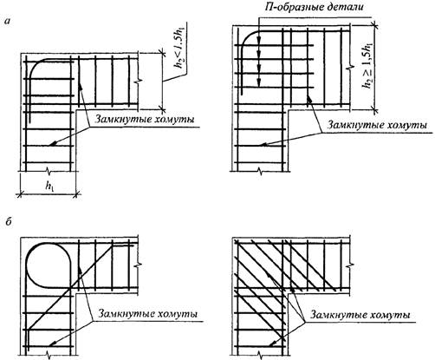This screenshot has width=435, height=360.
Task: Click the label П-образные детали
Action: (x=314, y=7)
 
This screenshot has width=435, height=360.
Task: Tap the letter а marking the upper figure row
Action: (x=9, y=22)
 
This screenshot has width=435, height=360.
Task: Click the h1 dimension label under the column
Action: (x=49, y=187)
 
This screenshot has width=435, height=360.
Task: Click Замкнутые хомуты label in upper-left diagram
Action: (x=145, y=120)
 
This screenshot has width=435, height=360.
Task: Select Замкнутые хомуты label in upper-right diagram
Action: (x=377, y=125)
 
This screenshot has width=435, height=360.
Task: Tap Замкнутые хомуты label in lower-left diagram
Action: (x=148, y=314)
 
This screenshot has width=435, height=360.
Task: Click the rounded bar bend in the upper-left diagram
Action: (x=34, y=67)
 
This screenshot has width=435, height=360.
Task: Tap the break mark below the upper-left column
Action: (x=49, y=173)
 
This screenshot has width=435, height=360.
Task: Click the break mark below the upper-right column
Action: (x=261, y=171)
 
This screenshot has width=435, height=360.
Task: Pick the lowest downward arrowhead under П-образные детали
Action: (x=259, y=83)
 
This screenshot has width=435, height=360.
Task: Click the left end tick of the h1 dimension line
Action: (x=20, y=195)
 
